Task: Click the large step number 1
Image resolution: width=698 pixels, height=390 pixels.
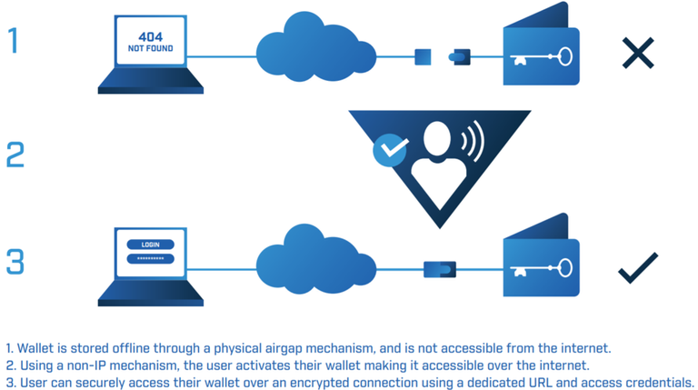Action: click(x=13, y=40)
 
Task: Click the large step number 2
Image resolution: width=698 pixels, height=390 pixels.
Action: click(x=15, y=155)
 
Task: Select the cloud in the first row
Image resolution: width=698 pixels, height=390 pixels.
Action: click(x=309, y=50)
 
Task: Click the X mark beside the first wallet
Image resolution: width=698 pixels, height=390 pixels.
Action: click(x=638, y=53)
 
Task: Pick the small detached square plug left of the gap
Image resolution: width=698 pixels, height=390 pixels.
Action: click(x=423, y=57)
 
